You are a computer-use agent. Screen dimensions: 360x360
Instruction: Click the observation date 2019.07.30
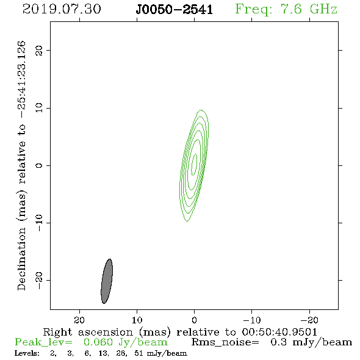tap(62, 9)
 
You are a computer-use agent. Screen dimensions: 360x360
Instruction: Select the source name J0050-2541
tap(175, 10)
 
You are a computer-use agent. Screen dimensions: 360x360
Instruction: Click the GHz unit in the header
tap(323, 9)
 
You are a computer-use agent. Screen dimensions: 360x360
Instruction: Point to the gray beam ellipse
tap(107, 281)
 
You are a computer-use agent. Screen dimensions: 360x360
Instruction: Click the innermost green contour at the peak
tap(195, 162)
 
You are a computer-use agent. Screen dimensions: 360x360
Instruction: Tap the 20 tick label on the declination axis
tap(39, 50)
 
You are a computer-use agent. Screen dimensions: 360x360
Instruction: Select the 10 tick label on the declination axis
tap(39, 108)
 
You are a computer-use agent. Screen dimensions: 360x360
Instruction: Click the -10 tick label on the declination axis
tap(39, 223)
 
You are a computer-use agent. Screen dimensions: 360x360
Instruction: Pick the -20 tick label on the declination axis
tap(39, 280)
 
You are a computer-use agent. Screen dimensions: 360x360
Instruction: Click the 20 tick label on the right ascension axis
tap(79, 320)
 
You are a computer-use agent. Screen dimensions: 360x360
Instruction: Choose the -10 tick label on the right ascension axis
tap(252, 320)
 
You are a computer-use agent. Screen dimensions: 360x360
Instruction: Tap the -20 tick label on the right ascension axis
tap(309, 320)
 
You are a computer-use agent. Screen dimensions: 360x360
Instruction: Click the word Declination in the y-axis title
tap(21, 259)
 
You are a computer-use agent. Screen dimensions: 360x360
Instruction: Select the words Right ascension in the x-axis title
tap(88, 332)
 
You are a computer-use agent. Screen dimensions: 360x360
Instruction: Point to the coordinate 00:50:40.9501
tap(279, 332)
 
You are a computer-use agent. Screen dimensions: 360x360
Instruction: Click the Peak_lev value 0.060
tap(98, 342)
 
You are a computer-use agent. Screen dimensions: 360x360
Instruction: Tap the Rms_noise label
tap(225, 342)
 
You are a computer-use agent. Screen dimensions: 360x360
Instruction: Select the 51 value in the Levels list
tap(139, 353)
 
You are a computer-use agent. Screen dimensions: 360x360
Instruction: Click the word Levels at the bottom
tap(27, 353)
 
